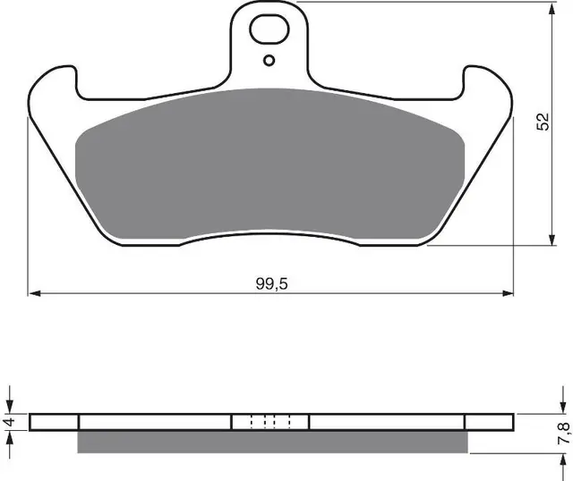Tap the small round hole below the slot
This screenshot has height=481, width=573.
pyautogui.click(x=270, y=61)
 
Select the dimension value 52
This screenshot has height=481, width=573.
pyautogui.click(x=543, y=123)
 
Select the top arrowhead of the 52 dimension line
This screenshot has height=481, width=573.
pyautogui.click(x=549, y=8)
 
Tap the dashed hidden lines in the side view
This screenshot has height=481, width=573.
pyautogui.click(x=270, y=422)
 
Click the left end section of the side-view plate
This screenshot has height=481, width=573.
pyautogui.click(x=55, y=422)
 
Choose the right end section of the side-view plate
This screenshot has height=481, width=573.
pyautogui.click(x=489, y=422)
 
